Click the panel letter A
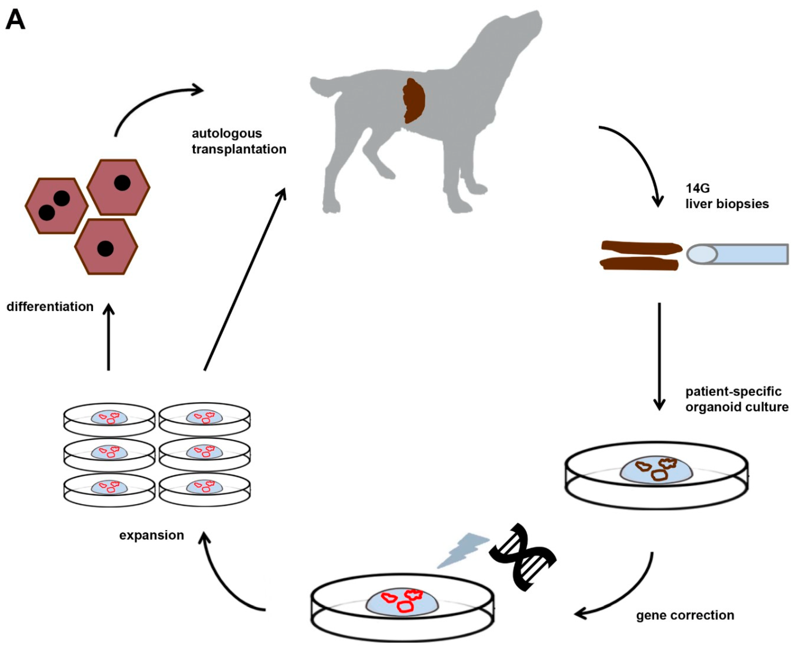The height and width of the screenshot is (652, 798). click(15, 19)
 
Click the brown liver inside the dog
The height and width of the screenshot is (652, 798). click(414, 101)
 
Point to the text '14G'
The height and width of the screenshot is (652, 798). click(697, 188)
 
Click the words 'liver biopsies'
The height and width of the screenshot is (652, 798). click(727, 204)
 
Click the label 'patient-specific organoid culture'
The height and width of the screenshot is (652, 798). click(736, 399)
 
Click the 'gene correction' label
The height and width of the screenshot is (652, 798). click(684, 615)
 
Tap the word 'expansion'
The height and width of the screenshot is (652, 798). click(151, 535)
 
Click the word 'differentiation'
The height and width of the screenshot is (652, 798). click(50, 307)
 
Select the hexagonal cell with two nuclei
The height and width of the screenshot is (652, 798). click(56, 206)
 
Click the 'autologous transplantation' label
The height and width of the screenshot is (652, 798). click(239, 141)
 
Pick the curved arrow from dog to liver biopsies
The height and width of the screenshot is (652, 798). click(638, 158)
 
